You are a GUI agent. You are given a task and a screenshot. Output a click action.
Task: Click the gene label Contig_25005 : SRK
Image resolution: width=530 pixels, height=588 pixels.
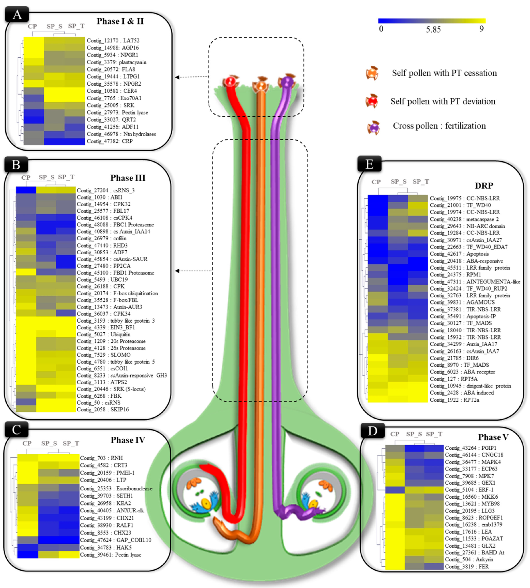110,105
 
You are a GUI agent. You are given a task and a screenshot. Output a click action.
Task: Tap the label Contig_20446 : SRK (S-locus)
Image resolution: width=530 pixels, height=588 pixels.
111,389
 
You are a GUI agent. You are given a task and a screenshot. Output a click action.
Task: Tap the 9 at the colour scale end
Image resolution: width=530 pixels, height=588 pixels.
481,29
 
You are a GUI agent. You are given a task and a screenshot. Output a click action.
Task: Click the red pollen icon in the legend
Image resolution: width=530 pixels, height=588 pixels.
372,101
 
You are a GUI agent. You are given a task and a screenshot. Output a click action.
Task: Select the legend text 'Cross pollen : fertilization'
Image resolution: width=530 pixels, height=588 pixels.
439,126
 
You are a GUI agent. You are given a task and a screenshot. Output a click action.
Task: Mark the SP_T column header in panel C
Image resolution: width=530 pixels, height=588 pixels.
71,443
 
